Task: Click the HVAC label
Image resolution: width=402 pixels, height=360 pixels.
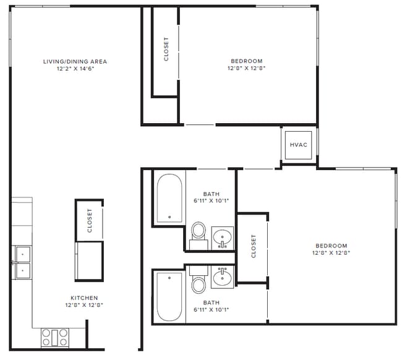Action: [x=299, y=145]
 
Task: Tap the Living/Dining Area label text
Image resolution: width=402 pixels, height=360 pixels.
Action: [x=75, y=61]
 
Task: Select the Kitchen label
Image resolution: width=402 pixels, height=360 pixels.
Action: [x=84, y=298]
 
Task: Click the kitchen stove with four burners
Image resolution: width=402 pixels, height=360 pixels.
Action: [x=55, y=338]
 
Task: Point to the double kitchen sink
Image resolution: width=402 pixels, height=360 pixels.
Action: [x=23, y=262]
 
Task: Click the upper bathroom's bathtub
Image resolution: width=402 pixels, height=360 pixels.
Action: [x=169, y=198]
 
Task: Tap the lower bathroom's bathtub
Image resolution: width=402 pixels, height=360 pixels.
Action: [x=169, y=297]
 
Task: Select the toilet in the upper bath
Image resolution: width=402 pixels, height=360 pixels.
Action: [x=199, y=236]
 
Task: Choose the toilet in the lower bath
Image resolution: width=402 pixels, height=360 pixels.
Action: [x=199, y=280]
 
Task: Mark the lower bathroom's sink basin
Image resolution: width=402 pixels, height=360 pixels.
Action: [x=222, y=277]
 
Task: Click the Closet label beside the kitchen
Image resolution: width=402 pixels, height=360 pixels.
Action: [x=90, y=220]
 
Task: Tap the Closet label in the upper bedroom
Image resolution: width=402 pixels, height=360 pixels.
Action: [x=166, y=49]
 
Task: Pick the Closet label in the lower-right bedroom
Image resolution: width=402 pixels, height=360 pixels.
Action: [x=254, y=246]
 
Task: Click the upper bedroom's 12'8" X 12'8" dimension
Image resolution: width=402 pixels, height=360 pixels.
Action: [x=246, y=68]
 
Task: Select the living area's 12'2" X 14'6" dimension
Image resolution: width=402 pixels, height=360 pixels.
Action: [x=75, y=69]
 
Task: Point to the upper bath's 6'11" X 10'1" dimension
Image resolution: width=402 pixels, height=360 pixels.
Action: [x=212, y=201]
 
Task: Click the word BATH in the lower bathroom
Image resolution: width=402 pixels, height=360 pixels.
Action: [x=212, y=302]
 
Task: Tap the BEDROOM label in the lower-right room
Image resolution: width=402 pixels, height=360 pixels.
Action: [x=331, y=246]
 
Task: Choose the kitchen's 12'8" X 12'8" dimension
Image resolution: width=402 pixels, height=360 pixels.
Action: [x=84, y=305]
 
